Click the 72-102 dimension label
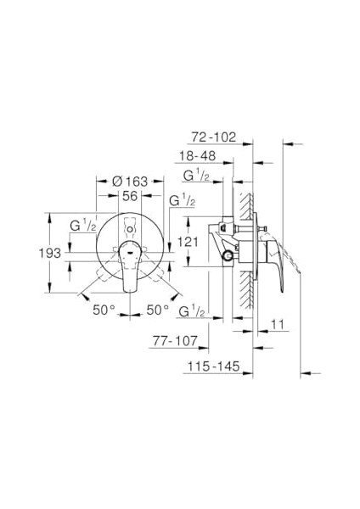coord(213,137)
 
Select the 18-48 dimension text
coord(198,156)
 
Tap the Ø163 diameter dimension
coord(130,182)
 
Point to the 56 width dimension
coord(130,196)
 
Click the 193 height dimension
coord(50,253)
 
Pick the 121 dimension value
coord(188,242)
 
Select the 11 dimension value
coord(278,324)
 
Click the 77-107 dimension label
coord(175,340)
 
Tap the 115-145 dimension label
coord(213,366)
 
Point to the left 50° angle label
coord(104,310)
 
